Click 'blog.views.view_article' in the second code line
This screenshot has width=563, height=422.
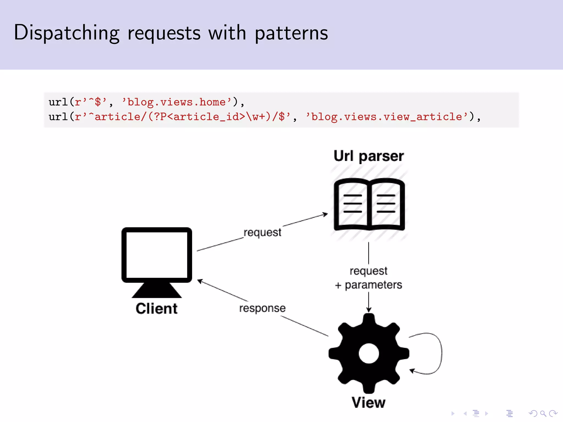[x=387, y=117]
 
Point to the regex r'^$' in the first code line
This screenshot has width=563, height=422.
[x=91, y=102]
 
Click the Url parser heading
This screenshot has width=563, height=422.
[x=369, y=156]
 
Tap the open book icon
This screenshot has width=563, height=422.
[x=369, y=204]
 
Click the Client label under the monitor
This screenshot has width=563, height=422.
[x=156, y=309]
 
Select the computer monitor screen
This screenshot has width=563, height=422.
[x=157, y=255]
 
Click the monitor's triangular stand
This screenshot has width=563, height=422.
[x=157, y=291]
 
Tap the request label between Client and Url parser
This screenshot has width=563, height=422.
[x=262, y=232]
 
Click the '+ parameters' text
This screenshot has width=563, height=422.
[x=369, y=285]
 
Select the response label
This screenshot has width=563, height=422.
[x=262, y=308]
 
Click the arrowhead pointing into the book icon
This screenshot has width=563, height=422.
[x=325, y=214]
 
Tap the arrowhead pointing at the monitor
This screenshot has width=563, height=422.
[x=200, y=281]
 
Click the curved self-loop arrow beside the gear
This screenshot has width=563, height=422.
[x=441, y=353]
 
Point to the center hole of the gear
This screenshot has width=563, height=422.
[x=369, y=353]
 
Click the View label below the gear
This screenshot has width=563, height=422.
[x=369, y=402]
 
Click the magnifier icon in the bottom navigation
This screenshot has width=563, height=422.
[x=543, y=413]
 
